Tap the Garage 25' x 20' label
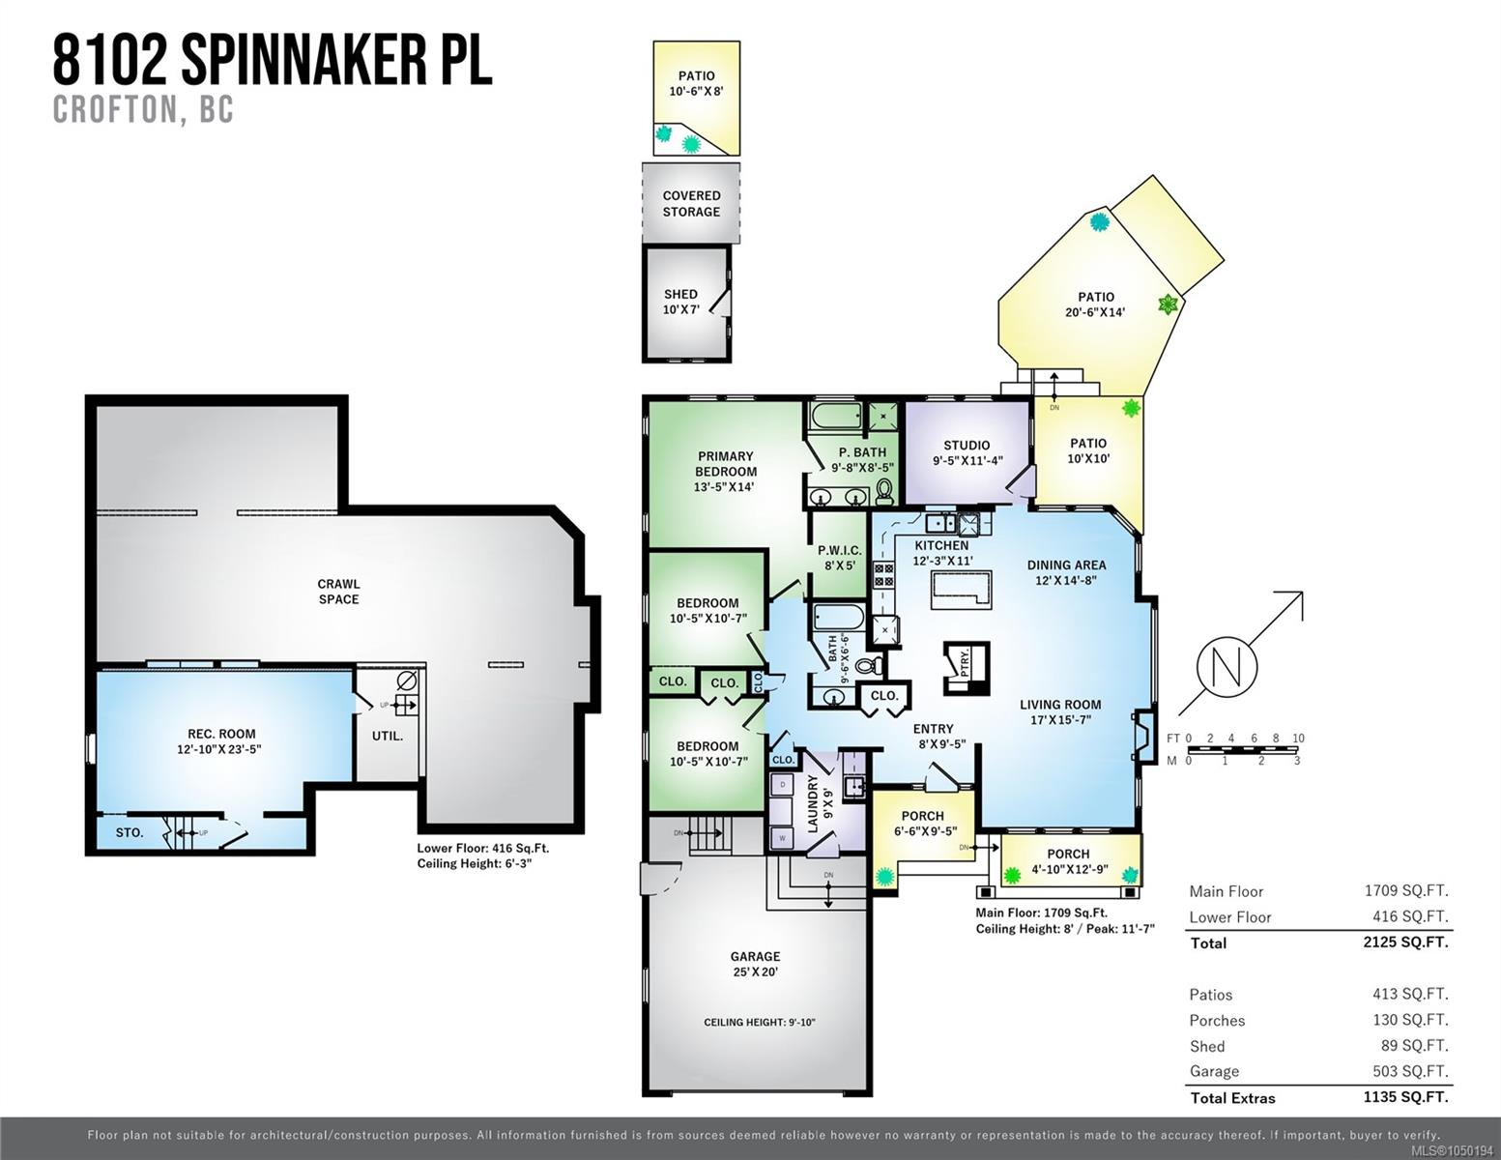(x=755, y=964)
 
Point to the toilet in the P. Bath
(x=884, y=492)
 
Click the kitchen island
(x=961, y=590)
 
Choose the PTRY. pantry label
(x=965, y=661)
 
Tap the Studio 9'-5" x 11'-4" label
(x=967, y=452)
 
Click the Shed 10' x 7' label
(x=680, y=302)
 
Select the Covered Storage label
(x=691, y=204)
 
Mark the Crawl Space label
(x=338, y=592)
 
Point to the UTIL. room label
(x=388, y=736)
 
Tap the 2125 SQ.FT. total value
(x=1405, y=942)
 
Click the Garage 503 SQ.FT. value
(x=1410, y=1072)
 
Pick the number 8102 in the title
(x=110, y=62)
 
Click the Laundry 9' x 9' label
(x=820, y=803)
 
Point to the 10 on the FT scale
(x=1298, y=738)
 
